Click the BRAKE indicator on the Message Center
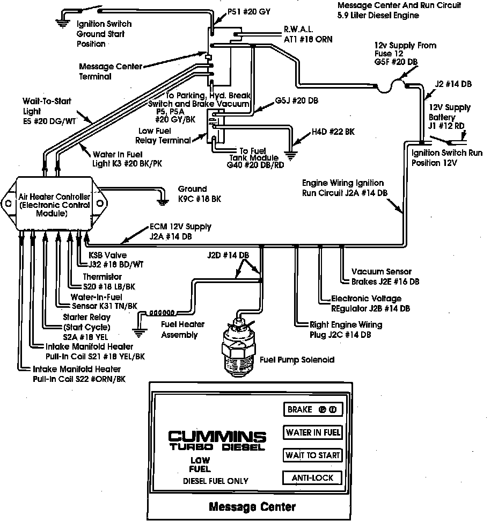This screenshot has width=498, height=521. pos(312,410)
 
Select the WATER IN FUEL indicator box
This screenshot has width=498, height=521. pos(312,432)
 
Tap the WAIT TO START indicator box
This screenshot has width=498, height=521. pos(312,455)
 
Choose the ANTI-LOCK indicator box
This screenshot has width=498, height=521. pos(312,477)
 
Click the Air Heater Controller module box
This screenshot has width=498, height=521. pos(53,204)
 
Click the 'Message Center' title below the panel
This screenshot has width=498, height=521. pos(251,506)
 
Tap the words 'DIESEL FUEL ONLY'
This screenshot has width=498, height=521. pos(216,480)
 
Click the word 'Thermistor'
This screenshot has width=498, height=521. pos(102,277)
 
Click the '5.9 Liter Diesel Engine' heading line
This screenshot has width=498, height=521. pos(378,16)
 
